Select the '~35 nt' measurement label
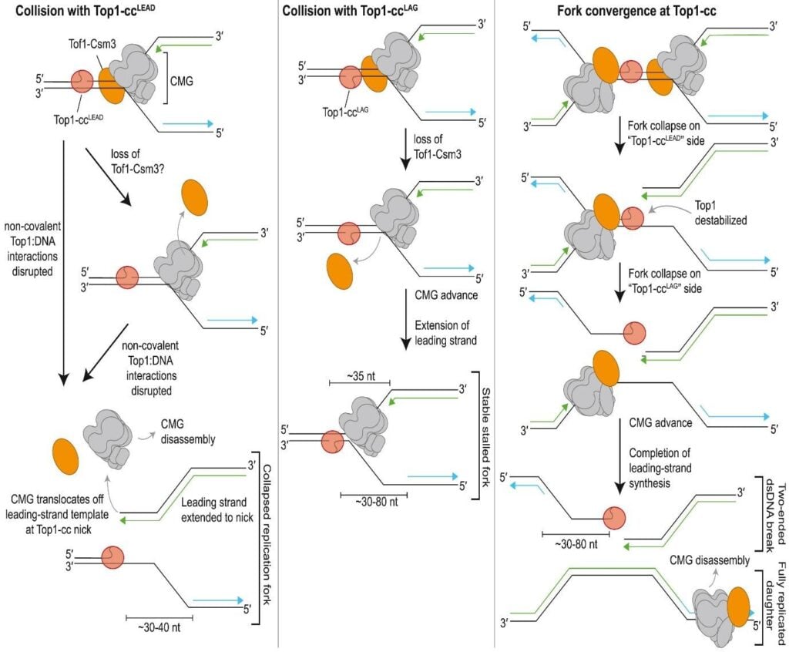pyautogui.click(x=358, y=371)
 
